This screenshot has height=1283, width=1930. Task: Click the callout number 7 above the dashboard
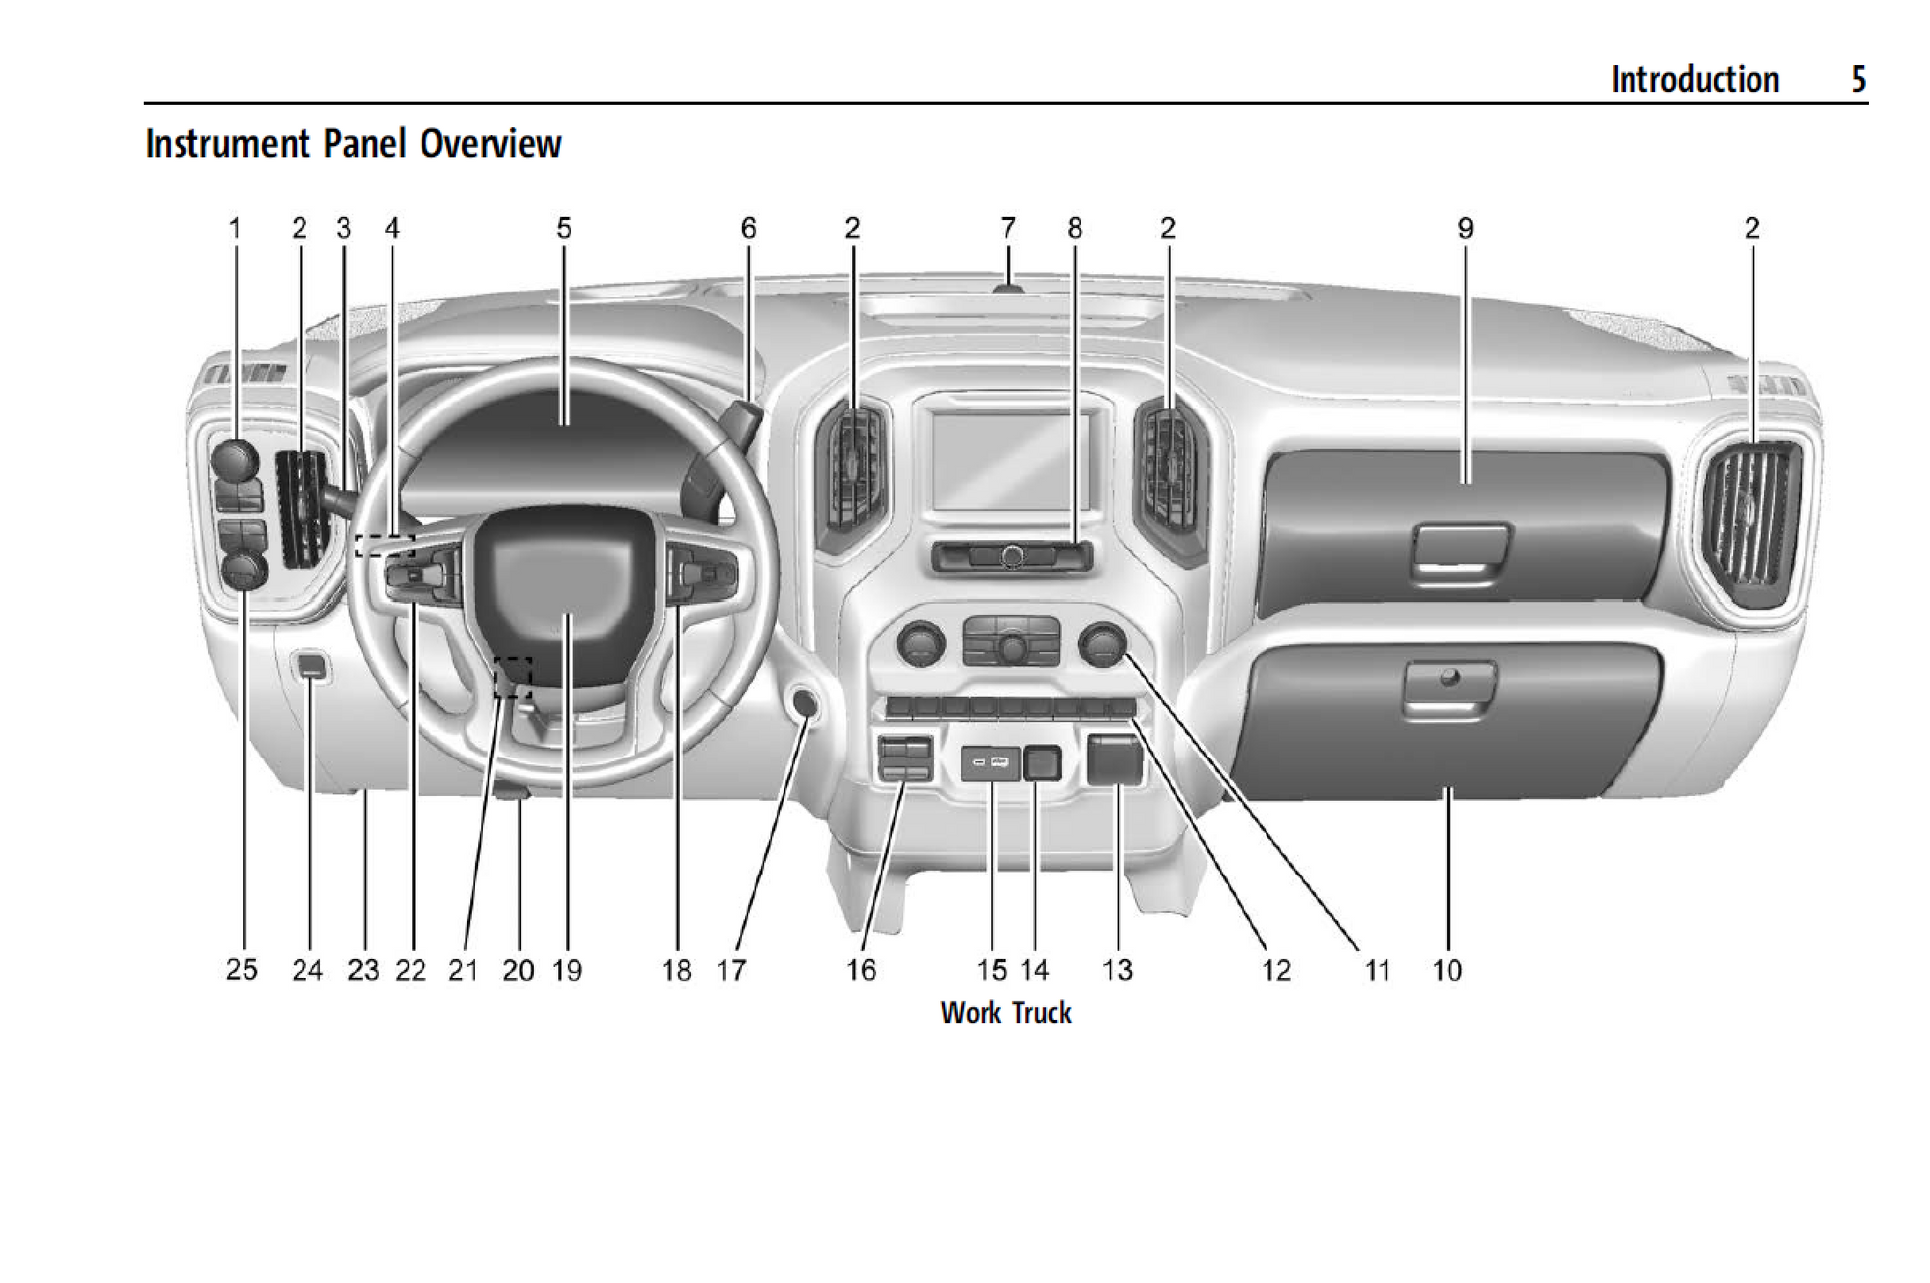click(x=1008, y=228)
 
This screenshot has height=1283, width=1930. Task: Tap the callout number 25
click(x=241, y=969)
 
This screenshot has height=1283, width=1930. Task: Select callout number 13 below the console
click(x=1117, y=969)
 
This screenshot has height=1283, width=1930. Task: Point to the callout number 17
click(x=731, y=969)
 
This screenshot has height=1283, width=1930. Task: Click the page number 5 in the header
click(x=1858, y=79)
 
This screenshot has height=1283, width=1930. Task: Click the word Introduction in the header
click(x=1694, y=79)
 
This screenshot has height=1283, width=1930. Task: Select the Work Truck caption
click(x=1006, y=1013)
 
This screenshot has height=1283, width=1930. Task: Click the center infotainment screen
click(x=1010, y=462)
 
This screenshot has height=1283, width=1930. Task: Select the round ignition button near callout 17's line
click(x=805, y=704)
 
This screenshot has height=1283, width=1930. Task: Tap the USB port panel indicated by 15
click(x=990, y=762)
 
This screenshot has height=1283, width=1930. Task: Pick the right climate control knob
click(x=1101, y=643)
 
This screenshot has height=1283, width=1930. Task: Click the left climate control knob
click(x=920, y=643)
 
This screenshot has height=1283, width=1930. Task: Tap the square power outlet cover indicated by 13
click(x=1115, y=759)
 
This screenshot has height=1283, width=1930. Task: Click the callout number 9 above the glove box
click(x=1465, y=228)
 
